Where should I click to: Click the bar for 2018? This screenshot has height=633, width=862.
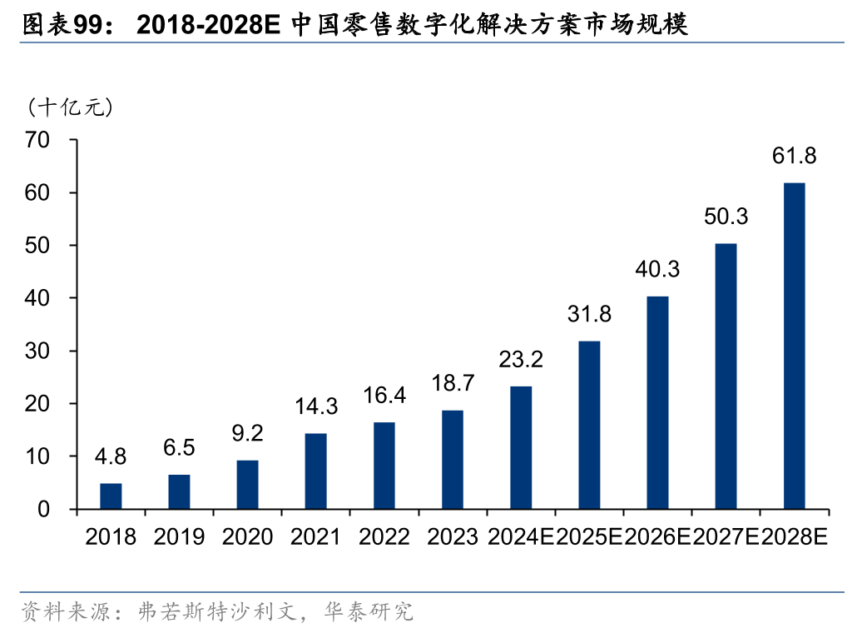pyautogui.click(x=111, y=496)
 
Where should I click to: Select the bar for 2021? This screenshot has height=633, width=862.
pyautogui.click(x=315, y=471)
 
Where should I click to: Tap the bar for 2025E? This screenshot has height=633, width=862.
pyautogui.click(x=589, y=425)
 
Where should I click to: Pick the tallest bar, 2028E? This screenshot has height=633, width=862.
pyautogui.click(x=794, y=346)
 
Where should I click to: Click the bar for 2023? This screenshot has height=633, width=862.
pyautogui.click(x=453, y=460)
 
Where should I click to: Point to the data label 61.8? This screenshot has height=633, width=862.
pyautogui.click(x=794, y=155)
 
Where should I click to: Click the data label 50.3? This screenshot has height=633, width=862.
pyautogui.click(x=726, y=217)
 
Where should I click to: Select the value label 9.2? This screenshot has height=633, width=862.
pyautogui.click(x=247, y=433)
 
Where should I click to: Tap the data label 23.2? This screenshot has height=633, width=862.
pyautogui.click(x=521, y=359)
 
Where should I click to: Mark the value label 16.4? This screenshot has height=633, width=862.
pyautogui.click(x=384, y=396)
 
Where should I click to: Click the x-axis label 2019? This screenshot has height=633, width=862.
pyautogui.click(x=179, y=536)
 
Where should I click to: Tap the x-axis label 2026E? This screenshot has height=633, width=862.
pyautogui.click(x=657, y=536)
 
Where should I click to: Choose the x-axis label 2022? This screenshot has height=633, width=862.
pyautogui.click(x=384, y=536)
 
